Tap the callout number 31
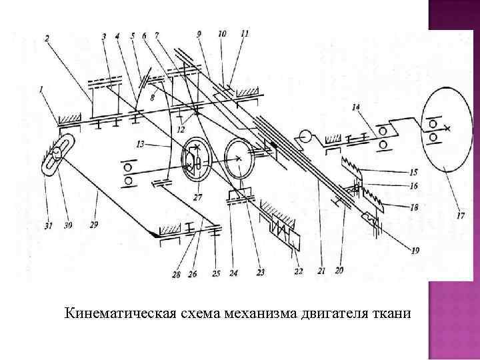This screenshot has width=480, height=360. click(x=47, y=225)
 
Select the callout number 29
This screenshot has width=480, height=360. click(x=93, y=225)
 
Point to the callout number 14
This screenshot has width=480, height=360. click(x=357, y=107)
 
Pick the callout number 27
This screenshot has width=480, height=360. click(x=197, y=197)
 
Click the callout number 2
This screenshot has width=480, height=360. click(x=47, y=39)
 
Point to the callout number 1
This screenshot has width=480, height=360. click(x=41, y=88)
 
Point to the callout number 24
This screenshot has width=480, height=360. click(x=234, y=271)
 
